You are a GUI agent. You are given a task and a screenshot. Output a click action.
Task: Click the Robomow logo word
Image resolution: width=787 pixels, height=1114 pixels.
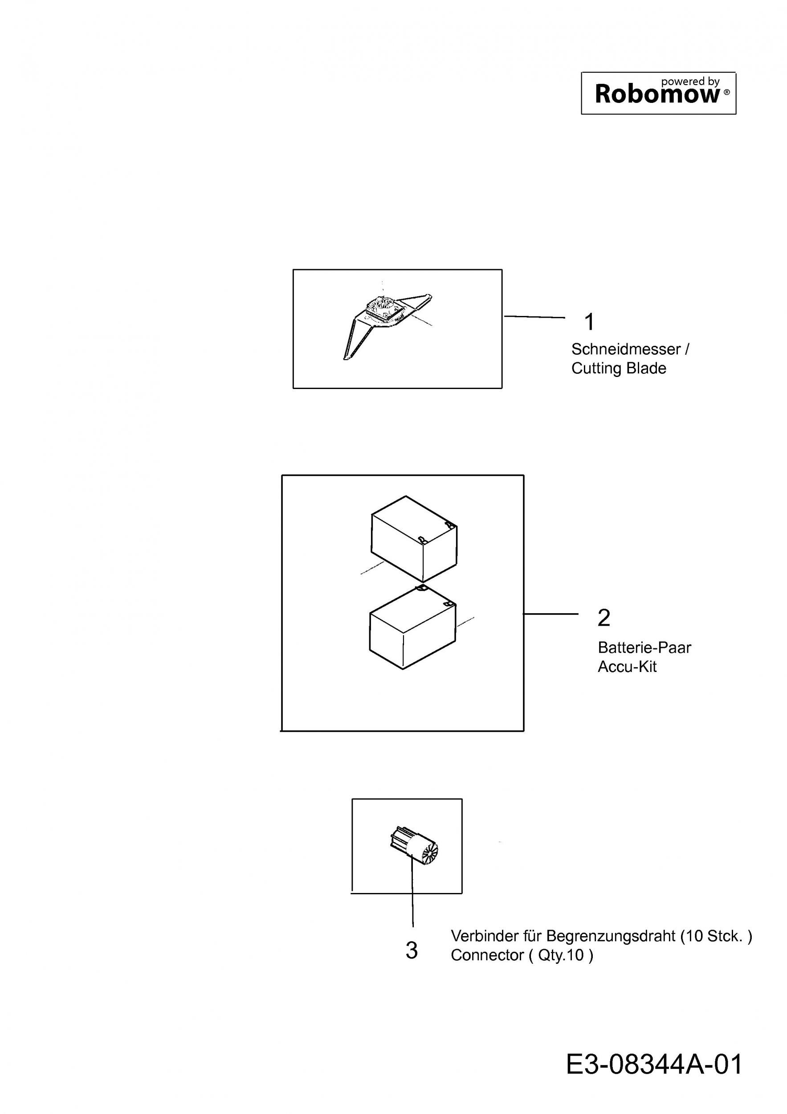point(657,94)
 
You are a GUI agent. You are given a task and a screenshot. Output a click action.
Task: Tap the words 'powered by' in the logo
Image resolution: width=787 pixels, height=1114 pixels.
point(690,82)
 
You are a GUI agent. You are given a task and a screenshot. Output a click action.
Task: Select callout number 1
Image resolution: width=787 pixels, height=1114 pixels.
point(589,322)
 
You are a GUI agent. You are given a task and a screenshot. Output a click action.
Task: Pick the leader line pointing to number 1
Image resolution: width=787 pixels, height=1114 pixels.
point(534,317)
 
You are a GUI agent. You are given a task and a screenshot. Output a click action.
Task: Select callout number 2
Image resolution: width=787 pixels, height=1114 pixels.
point(604,618)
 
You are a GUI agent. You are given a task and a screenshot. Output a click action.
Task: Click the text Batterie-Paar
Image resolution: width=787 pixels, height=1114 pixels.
point(644,647)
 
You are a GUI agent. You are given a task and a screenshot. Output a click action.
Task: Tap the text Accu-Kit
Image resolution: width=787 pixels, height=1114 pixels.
point(627,667)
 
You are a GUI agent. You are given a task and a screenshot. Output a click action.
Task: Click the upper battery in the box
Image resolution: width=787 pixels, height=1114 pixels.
point(414,539)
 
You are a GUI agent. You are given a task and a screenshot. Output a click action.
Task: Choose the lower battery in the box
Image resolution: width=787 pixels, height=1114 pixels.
point(413,628)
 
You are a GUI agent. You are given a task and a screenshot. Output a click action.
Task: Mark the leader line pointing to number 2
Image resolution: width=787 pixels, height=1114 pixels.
point(551,614)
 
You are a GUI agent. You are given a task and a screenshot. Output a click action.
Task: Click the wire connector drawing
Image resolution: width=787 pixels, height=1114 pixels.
point(414,847)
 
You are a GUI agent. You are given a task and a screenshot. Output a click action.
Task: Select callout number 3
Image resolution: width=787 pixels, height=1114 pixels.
point(412,950)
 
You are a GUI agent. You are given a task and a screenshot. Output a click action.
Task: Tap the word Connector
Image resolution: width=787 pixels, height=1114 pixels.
point(487,955)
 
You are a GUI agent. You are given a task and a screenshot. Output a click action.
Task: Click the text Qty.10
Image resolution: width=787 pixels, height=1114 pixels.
point(561,955)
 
